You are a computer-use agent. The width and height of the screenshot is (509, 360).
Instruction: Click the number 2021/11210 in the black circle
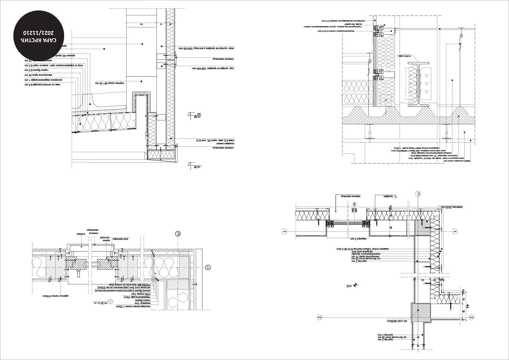[x=39, y=32]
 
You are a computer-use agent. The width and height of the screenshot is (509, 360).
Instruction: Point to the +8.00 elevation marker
[x=197, y=117]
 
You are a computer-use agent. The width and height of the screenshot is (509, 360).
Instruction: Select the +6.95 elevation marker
[x=197, y=167]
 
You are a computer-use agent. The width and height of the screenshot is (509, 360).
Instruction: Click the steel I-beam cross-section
[x=418, y=84]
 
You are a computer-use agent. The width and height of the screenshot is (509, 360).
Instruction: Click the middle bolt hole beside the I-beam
[x=426, y=84]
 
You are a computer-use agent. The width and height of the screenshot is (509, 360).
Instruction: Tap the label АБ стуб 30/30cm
[x=397, y=321]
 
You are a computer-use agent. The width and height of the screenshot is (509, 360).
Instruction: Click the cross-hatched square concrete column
[x=421, y=313]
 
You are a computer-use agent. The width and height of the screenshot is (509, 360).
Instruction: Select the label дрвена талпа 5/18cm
[x=56, y=296]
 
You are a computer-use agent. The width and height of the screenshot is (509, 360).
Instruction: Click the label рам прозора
[x=120, y=239]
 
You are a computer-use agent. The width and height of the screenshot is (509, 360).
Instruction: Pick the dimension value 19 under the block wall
[x=418, y=345]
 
